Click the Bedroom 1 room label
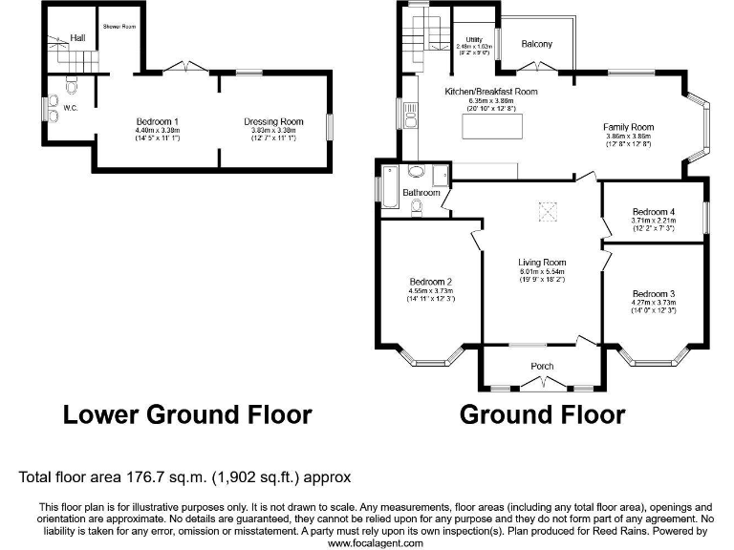[x=158, y=121]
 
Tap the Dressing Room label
[x=273, y=121]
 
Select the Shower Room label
[x=119, y=26]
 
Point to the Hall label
[x=77, y=38]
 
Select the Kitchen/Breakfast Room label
[x=491, y=92]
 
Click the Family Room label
[x=627, y=127]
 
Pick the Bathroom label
[x=421, y=192]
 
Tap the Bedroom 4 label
[x=653, y=212]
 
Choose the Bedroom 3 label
[x=653, y=292]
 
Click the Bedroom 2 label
[x=430, y=282]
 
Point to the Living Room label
[x=542, y=262]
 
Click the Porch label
[x=542, y=366]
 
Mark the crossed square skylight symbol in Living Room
[x=549, y=209]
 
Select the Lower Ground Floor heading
[x=187, y=415]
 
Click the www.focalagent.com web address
[x=375, y=542]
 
